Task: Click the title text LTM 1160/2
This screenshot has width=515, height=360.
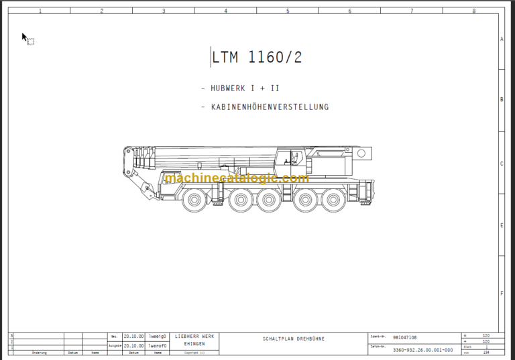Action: [x=257, y=58]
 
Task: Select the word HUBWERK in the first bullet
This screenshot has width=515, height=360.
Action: [x=230, y=88]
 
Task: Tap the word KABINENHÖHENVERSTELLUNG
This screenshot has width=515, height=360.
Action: [x=270, y=107]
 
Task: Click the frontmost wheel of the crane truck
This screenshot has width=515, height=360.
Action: [x=193, y=199]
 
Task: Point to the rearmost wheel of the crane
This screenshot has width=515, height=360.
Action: [x=331, y=199]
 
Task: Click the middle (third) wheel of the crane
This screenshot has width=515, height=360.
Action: [x=269, y=199]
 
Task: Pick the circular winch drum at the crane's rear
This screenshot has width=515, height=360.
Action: [x=362, y=154]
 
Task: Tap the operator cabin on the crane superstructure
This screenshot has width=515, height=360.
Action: [x=290, y=158]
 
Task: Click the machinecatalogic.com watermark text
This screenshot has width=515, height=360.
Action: [x=236, y=178]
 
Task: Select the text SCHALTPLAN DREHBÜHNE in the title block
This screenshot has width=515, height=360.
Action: [x=293, y=339]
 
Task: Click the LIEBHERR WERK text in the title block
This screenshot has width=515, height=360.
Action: [x=194, y=336]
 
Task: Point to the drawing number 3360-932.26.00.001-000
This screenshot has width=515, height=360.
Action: [x=422, y=350]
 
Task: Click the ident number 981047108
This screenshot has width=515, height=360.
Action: [x=404, y=337]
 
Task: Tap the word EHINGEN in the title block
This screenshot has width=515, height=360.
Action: [x=194, y=343]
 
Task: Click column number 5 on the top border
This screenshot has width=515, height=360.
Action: [x=288, y=11]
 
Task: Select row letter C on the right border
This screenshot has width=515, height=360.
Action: [x=502, y=163]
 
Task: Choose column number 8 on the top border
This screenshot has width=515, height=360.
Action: [x=473, y=11]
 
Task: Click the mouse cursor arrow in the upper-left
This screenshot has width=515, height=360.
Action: [x=24, y=37]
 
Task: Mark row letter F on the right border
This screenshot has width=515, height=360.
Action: [x=502, y=293]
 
